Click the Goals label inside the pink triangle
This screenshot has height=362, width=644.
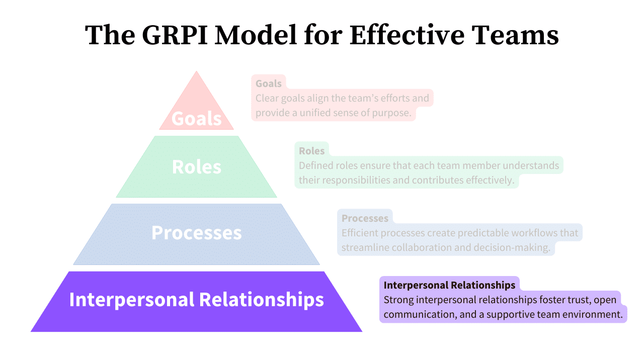click(196, 119)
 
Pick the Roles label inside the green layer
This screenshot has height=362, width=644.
click(196, 167)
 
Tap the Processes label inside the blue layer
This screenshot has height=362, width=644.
click(196, 233)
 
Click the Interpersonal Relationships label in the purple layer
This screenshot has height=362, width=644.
click(196, 299)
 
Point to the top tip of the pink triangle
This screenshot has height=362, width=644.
click(196, 72)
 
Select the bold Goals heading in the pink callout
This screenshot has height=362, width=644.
click(268, 83)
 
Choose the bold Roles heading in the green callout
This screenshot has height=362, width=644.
click(311, 151)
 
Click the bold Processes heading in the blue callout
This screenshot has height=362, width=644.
click(365, 218)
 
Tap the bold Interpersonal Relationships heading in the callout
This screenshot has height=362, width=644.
click(449, 285)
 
